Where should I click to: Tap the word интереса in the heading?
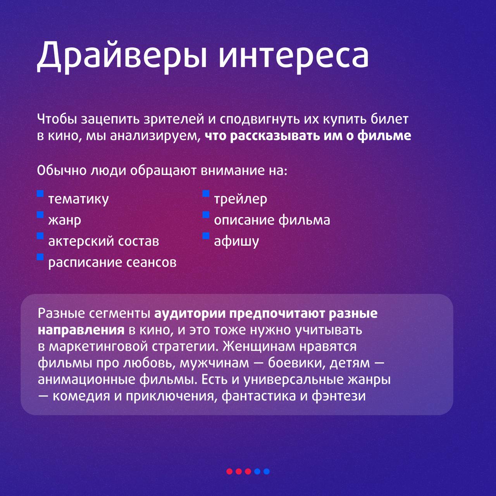[x=294, y=57]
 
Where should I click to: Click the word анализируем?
[x=155, y=136]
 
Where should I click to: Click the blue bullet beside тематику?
[x=40, y=194]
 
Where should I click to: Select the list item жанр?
[x=65, y=220]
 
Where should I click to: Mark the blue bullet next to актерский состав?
[x=40, y=236]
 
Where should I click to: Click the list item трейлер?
[x=240, y=199]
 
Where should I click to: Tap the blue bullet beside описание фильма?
[x=206, y=215]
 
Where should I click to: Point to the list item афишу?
[x=236, y=241]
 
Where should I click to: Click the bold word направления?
[x=81, y=330]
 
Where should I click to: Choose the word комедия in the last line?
[x=81, y=396]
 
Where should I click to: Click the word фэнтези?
[x=339, y=396]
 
